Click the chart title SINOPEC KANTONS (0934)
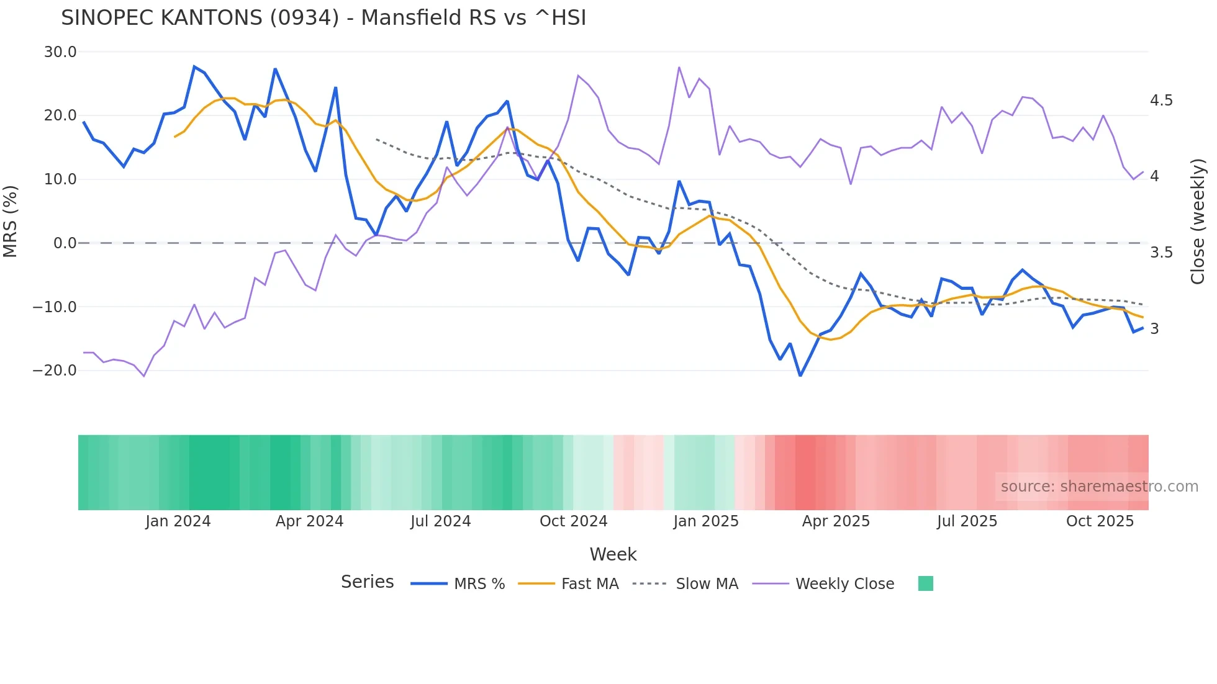coord(323,18)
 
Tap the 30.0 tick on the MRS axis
coord(60,52)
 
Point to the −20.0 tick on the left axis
coord(55,371)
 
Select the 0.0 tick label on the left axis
coord(65,243)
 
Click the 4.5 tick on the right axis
coord(1161,101)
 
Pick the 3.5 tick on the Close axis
coord(1161,253)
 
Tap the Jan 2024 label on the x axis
coord(178,521)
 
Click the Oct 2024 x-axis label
coord(573,521)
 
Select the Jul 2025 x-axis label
coord(967,521)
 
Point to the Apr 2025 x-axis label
coord(836,521)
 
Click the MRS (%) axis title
coord(11,221)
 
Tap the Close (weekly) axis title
coord(1198,222)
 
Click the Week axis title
coord(613,554)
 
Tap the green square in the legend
coord(925,583)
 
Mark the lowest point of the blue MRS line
coord(800,376)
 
